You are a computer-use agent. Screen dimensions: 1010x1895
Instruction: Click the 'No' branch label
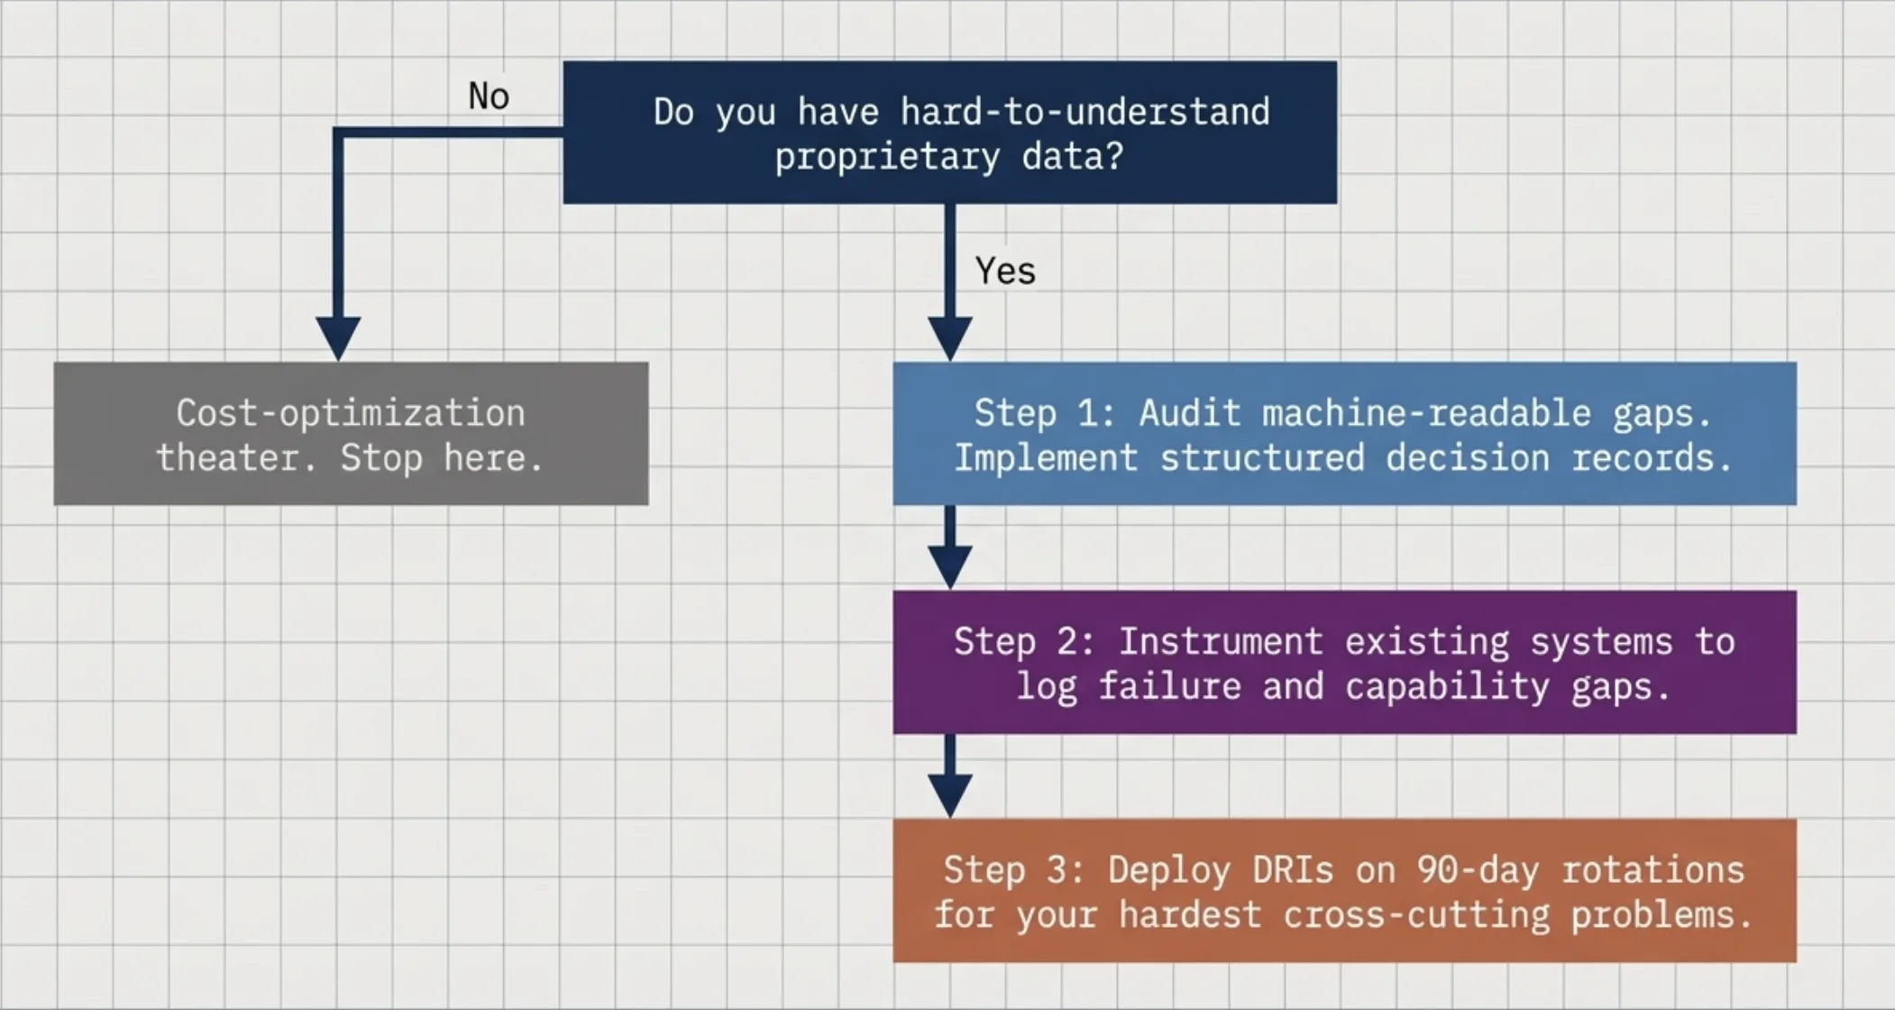click(489, 96)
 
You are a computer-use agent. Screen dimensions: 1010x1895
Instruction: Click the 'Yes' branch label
click(1005, 271)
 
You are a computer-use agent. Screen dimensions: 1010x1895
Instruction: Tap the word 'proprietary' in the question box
click(887, 157)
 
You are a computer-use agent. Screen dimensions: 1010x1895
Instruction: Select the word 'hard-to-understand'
click(1085, 112)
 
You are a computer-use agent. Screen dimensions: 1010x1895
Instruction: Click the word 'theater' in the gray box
click(236, 458)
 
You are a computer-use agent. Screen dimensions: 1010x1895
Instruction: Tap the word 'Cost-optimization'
click(350, 413)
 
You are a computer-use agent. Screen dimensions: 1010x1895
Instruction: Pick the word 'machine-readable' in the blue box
click(1426, 413)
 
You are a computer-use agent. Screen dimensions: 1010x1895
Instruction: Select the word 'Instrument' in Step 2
click(1221, 642)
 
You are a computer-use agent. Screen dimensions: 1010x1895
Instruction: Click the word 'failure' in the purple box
click(1169, 687)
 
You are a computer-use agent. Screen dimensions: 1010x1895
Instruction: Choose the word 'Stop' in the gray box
click(381, 458)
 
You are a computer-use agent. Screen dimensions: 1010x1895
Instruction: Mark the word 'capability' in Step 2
click(1447, 687)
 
